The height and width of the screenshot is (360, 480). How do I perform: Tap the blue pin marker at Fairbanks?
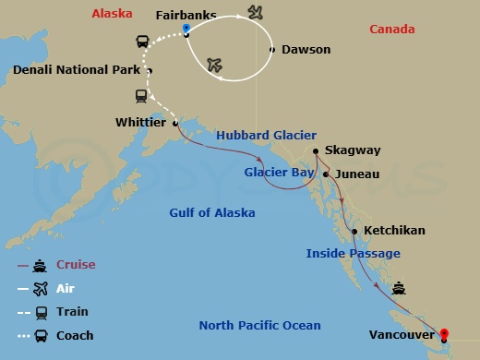click(186, 30)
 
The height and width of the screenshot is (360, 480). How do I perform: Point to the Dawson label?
click(306, 49)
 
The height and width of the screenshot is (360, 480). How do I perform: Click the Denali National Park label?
click(77, 70)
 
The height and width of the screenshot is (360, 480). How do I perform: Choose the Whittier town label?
click(140, 122)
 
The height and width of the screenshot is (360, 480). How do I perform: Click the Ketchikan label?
click(394, 230)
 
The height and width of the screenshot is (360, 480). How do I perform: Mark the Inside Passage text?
click(354, 253)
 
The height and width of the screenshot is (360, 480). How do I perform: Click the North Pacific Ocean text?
click(260, 325)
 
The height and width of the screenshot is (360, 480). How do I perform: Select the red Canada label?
click(391, 30)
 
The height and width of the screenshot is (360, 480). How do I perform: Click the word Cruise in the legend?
click(76, 264)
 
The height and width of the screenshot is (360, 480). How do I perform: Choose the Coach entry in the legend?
click(75, 336)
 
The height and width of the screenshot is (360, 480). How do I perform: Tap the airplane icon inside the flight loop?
click(216, 65)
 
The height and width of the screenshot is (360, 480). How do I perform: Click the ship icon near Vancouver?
click(398, 287)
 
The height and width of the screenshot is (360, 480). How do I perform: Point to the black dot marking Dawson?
click(271, 49)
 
